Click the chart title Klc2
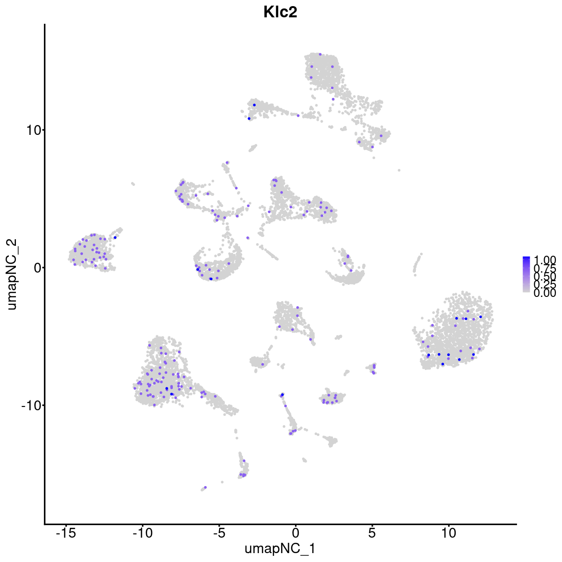(281, 13)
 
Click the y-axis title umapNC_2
(13, 274)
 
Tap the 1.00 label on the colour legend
(545, 260)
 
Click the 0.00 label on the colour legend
(545, 293)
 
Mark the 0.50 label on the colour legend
(545, 277)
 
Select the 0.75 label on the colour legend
(545, 269)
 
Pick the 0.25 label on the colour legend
(545, 285)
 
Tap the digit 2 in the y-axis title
(13, 242)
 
